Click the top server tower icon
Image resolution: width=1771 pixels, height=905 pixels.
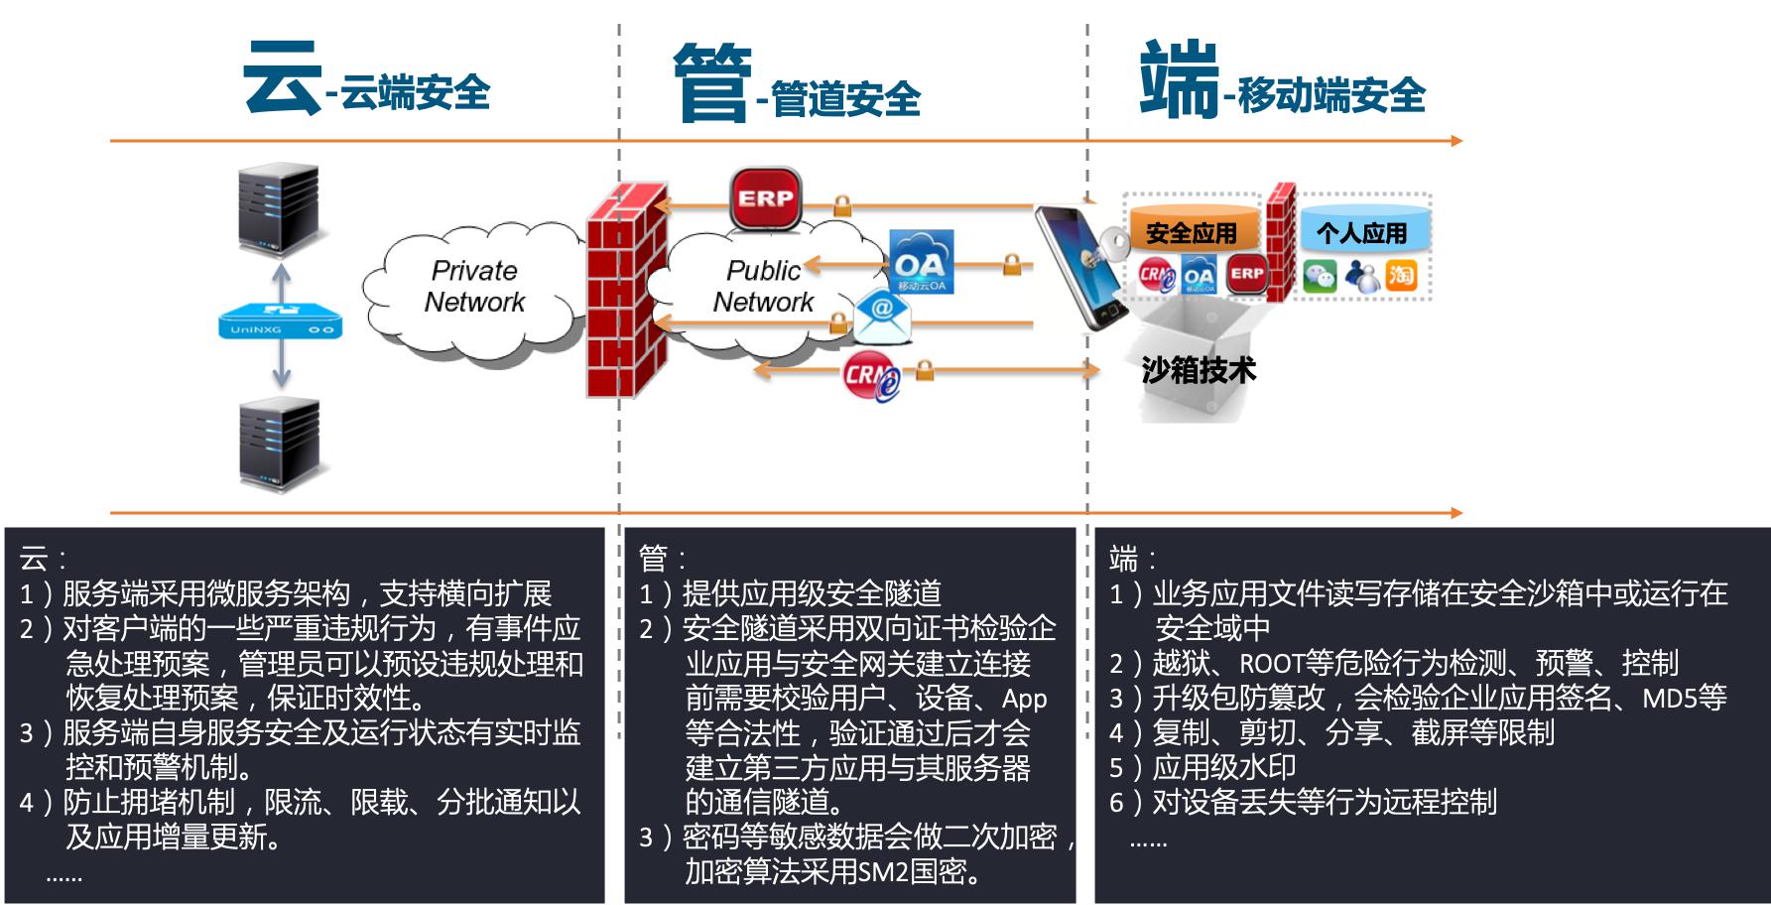click(x=278, y=210)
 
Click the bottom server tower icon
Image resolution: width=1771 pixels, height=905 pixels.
click(x=280, y=444)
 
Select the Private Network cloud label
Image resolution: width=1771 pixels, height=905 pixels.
click(x=474, y=287)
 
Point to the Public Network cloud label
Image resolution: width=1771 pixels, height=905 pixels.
click(x=763, y=287)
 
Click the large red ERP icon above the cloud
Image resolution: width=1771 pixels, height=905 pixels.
click(x=765, y=198)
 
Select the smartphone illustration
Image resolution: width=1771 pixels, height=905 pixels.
click(x=1079, y=268)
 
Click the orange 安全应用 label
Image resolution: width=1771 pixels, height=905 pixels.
click(x=1192, y=233)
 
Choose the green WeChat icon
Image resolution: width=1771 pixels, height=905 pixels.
click(x=1320, y=276)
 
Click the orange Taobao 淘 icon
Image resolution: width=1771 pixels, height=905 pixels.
click(x=1401, y=275)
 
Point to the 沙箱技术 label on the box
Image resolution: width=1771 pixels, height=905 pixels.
click(x=1199, y=371)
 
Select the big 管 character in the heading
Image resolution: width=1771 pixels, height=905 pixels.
click(x=710, y=81)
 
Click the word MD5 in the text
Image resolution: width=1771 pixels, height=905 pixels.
click(x=1670, y=698)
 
